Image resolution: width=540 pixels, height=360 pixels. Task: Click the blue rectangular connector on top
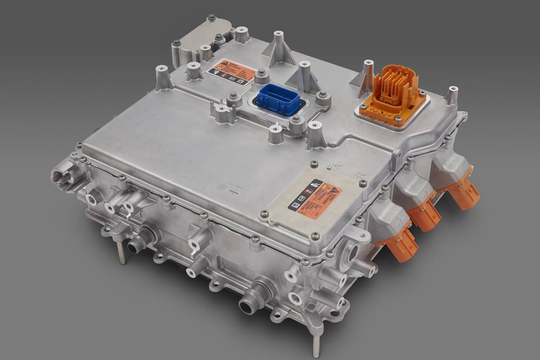(x=279, y=99)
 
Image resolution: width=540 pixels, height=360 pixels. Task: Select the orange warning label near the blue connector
(x=231, y=71)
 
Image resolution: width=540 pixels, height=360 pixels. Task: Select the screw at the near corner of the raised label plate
(x=315, y=235)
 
